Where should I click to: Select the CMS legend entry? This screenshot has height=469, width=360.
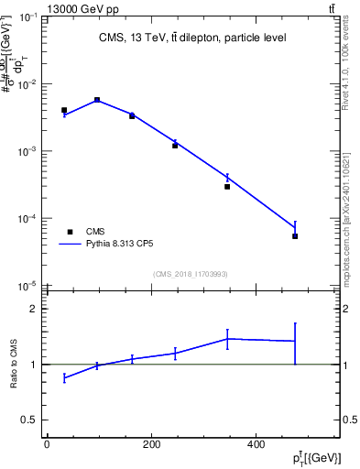pyautogui.click(x=95, y=232)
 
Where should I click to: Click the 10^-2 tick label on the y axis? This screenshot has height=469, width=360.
pyautogui.click(x=28, y=84)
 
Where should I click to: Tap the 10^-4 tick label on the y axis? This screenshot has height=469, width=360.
pyautogui.click(x=28, y=219)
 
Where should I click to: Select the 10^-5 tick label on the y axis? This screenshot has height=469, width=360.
pyautogui.click(x=28, y=286)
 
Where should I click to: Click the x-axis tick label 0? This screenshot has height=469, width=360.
pyautogui.click(x=47, y=443)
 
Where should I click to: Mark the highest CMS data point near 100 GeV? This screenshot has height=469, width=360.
pyautogui.click(x=97, y=100)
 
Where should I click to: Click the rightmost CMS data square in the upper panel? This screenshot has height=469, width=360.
pyautogui.click(x=295, y=236)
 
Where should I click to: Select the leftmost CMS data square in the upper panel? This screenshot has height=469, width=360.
pyautogui.click(x=64, y=110)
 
